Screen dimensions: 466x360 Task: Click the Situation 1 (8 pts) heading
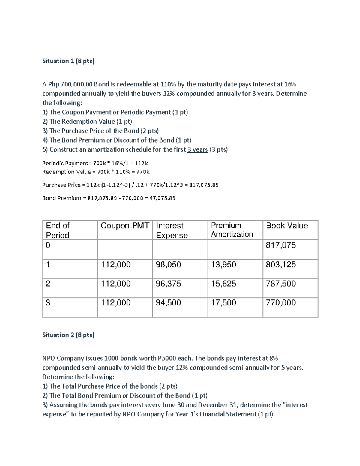68,61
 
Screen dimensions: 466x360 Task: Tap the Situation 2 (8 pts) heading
68,335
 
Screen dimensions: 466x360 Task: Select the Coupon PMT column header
125,226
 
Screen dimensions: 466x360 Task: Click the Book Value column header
287,226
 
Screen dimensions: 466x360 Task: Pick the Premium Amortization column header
232,230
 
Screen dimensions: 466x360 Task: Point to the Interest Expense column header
172,230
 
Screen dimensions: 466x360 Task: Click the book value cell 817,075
281,245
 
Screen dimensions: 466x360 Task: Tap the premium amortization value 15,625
223,284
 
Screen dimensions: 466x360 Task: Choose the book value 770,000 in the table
281,303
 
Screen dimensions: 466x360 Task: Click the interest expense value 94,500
168,303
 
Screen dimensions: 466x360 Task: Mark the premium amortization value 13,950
223,265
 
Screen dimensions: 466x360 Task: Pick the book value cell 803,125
281,265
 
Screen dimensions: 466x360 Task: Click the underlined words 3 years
197,149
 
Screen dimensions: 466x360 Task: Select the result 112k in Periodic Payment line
142,164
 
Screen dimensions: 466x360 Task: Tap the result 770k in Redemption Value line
142,172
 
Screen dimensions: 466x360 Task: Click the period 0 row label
48,245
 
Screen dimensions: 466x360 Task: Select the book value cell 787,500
281,284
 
